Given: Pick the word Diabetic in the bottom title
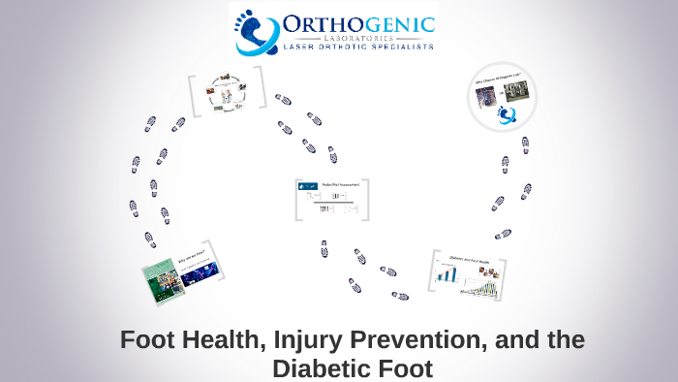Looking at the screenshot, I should tap(315, 368).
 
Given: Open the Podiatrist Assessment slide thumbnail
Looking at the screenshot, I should tap(332, 200).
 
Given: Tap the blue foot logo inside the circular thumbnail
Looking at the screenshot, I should tap(508, 115).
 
